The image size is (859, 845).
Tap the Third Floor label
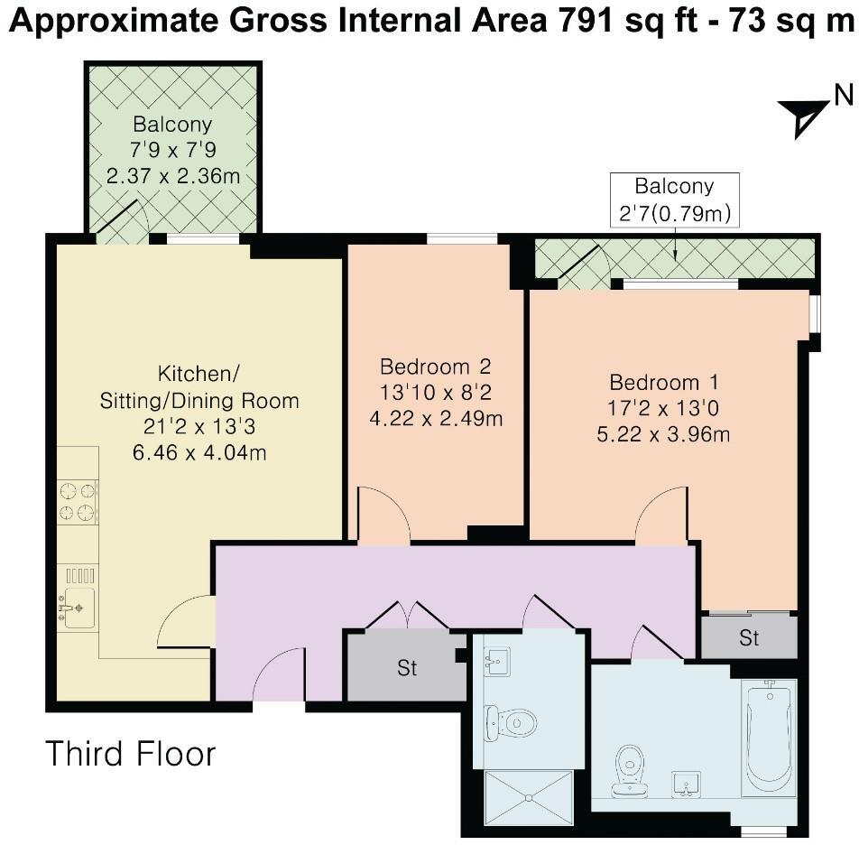coord(130,754)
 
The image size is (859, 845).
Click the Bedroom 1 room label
coord(664,382)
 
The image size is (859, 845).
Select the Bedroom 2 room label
coord(436,366)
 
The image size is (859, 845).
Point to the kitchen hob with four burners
coord(78,502)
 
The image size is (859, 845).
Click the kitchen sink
coord(78,608)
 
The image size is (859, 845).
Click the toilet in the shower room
coord(510,723)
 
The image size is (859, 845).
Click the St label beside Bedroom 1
coord(749,638)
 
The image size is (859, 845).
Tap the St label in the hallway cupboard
coord(407,668)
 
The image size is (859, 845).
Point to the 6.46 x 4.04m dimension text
coord(199,453)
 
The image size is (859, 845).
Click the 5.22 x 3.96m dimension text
coord(663,434)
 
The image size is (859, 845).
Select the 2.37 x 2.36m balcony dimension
coord(172,176)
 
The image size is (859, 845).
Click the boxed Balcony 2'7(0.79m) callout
coord(675,200)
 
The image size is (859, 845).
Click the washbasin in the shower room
coord(497,661)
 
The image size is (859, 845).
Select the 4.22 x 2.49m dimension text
coord(436,419)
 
